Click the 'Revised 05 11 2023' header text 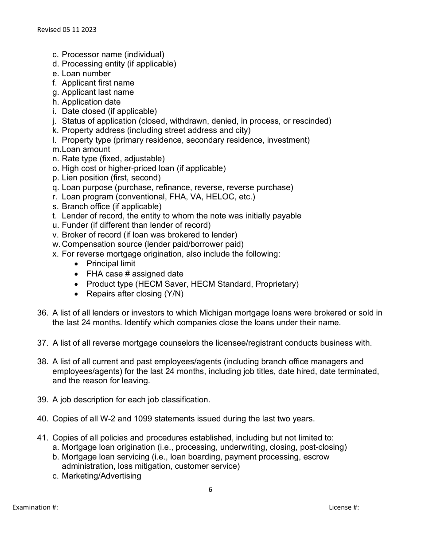(x=66, y=30)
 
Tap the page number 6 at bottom (x=210, y=490)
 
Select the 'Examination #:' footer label (x=35, y=507)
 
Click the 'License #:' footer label (x=344, y=507)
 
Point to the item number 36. (x=43, y=313)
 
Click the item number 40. (x=43, y=418)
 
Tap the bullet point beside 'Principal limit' (x=77, y=264)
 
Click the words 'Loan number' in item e (x=86, y=74)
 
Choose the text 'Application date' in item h (x=91, y=102)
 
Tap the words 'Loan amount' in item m (x=86, y=149)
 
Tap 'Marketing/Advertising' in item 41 (x=101, y=476)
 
